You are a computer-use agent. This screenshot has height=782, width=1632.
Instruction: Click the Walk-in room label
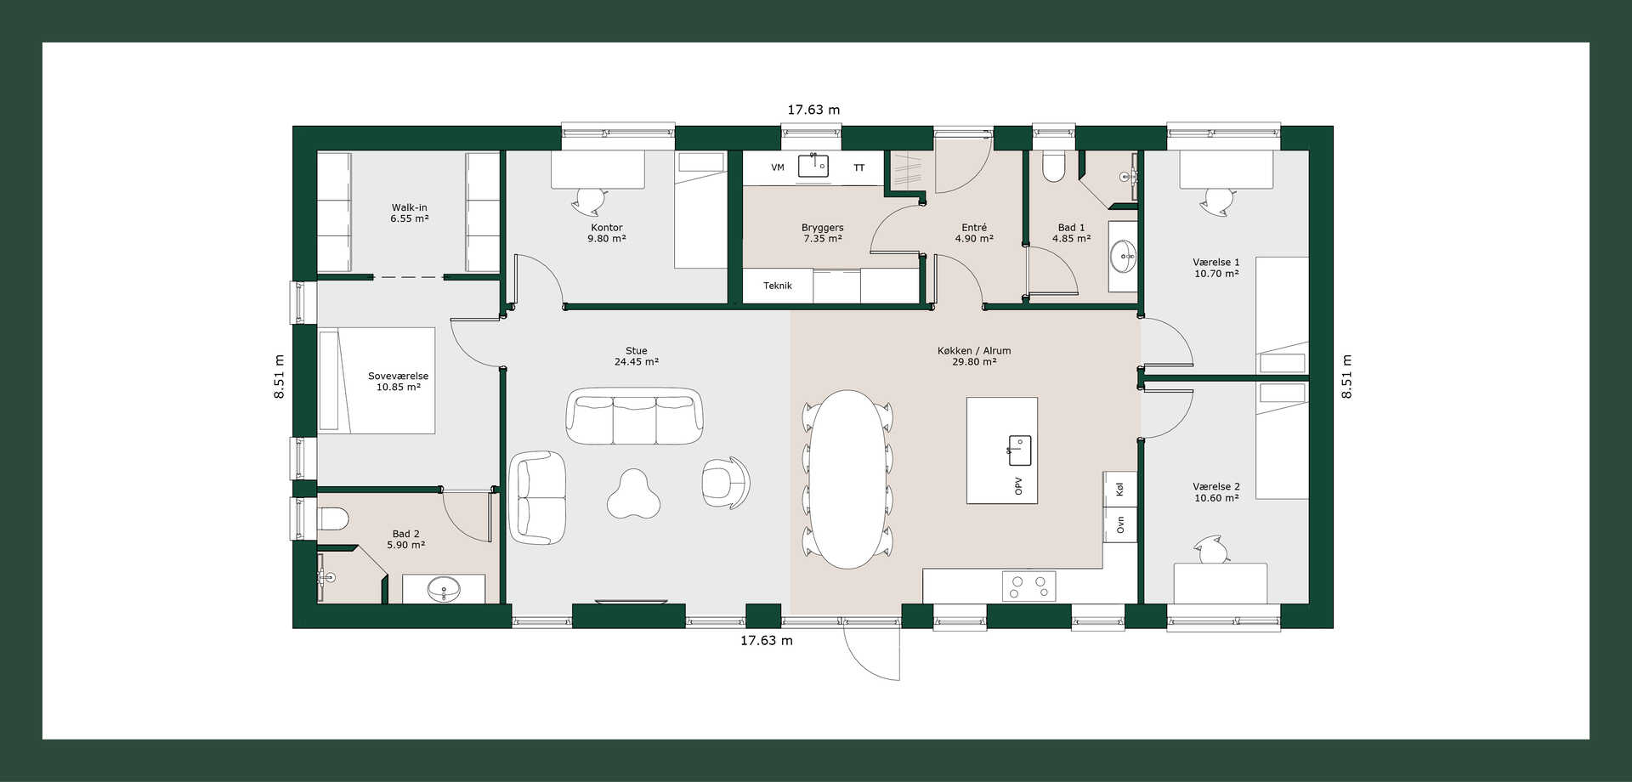[410, 212]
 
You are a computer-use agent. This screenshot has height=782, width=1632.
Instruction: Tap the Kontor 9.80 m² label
[607, 233]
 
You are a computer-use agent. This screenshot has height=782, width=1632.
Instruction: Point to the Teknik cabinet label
[778, 286]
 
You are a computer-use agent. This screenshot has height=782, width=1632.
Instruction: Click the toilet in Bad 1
[1053, 167]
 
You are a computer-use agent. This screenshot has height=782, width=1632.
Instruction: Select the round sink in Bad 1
[1124, 255]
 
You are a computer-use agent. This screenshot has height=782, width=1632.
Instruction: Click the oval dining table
[848, 479]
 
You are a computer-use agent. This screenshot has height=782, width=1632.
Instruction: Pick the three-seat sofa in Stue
[634, 416]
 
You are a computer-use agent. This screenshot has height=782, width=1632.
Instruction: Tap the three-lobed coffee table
[634, 495]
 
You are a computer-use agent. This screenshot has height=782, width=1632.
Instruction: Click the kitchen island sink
[1019, 450]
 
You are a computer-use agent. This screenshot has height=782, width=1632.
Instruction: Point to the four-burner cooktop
[1029, 586]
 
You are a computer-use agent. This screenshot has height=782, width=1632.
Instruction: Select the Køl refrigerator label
[1120, 490]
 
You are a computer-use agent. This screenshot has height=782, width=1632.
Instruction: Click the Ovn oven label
[1120, 524]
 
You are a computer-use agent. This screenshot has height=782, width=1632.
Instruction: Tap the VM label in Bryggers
[778, 167]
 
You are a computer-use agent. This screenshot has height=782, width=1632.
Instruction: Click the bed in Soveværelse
[377, 380]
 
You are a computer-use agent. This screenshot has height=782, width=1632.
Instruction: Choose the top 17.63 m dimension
[813, 110]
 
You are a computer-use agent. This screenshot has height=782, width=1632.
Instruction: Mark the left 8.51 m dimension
[279, 377]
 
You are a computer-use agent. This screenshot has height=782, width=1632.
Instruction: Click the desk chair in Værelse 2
[1212, 550]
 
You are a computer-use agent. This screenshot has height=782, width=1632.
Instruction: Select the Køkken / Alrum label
[974, 350]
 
